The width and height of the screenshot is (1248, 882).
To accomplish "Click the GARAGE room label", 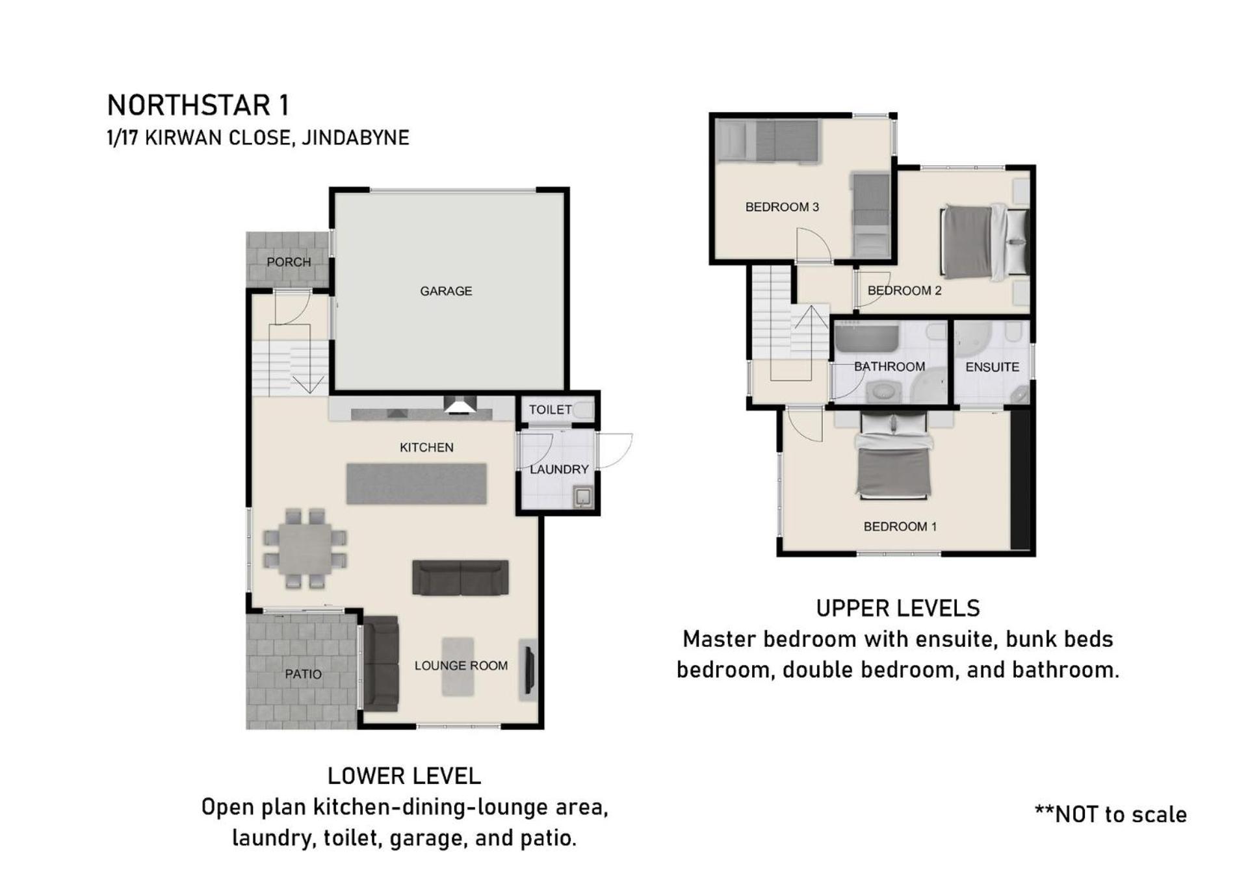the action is pos(446,291).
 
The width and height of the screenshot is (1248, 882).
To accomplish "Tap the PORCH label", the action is pos(289,262).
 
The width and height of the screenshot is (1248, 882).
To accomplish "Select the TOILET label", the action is pos(550,409).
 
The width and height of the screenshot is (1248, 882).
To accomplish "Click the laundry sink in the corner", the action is pos(583,498).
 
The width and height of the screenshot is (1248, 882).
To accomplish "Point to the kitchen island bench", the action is pos(416,483).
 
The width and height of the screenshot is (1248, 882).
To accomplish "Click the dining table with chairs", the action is pos(305,548).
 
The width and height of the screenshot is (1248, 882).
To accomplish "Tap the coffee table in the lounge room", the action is pos(458,667).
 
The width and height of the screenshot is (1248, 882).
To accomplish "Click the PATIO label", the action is pos(303,674).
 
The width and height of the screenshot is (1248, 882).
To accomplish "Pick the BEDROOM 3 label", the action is pos(782,207).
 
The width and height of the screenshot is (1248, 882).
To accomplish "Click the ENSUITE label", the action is pos(992,367).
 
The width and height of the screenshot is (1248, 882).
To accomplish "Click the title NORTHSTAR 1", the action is pos(198,105).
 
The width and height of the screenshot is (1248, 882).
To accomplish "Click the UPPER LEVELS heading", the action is pos(898,609).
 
